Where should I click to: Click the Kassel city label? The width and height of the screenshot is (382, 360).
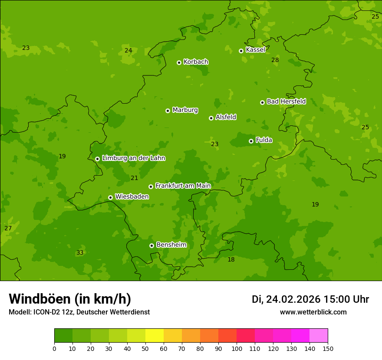coord(255,50)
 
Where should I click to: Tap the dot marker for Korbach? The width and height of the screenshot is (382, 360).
coord(179,62)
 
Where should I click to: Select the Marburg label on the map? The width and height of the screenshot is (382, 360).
coord(185,110)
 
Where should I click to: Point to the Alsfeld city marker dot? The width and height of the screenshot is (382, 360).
coord(211,118)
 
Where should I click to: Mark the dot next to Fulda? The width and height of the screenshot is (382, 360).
coord(251,141)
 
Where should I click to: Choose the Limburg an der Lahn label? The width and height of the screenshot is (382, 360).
coord(133,158)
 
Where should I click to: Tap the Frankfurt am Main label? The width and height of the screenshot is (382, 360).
coord(183,186)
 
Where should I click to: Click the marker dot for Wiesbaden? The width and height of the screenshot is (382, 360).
coord(110,197)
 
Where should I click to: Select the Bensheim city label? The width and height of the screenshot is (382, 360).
coord(171,245)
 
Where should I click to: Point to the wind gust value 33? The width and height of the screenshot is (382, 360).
coord(80,253)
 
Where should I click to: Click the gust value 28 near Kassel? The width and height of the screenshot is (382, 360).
coord(275,60)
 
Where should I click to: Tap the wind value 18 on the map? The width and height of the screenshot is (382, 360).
coord(231,259)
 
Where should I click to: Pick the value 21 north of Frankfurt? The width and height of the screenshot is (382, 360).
coord(134,178)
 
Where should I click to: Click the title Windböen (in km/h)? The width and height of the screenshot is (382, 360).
coord(70,299)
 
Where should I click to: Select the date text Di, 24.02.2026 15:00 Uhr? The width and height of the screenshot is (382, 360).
coord(310,299)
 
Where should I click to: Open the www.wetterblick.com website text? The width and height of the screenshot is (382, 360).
coord(313,312)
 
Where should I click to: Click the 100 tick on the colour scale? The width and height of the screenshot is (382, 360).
coord(237,348)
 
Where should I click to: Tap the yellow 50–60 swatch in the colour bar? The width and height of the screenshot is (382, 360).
coord(155,336)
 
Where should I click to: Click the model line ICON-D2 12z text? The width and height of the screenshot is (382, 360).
coord(79,312)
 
